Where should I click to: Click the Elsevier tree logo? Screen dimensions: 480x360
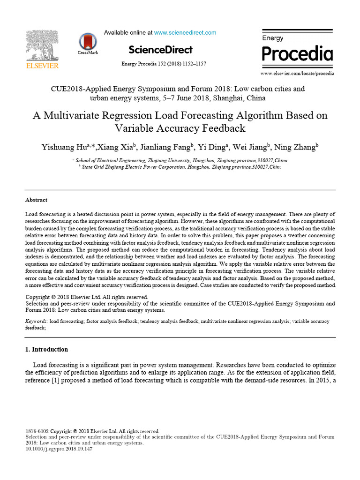tap(42, 46)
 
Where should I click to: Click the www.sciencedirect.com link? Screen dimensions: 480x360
tap(185, 33)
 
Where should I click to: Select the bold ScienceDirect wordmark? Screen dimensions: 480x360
tap(160, 50)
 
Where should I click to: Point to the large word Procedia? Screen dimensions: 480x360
tap(297, 54)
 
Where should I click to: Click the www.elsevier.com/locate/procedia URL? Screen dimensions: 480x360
tap(297, 74)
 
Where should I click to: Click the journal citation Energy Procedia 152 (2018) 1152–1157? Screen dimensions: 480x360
tap(164, 64)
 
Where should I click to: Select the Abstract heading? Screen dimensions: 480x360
tap(36, 200)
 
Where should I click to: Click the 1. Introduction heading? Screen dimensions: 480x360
tap(46, 349)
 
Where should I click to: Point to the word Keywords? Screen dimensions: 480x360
tap(36, 322)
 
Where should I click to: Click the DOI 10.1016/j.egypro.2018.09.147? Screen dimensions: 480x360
tap(59, 449)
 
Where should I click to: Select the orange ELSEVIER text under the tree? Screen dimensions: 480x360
tap(42, 66)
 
